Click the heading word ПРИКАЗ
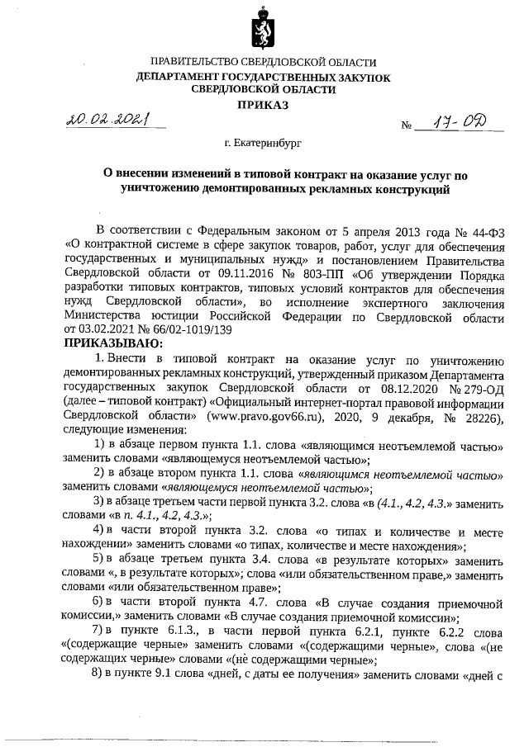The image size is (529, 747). (264, 106)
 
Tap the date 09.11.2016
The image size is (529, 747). (228, 272)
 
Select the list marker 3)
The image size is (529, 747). (98, 502)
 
